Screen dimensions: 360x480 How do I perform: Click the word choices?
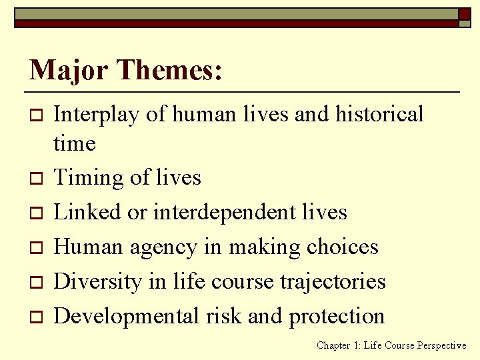(x=342, y=247)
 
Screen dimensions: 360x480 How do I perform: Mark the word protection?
(x=337, y=316)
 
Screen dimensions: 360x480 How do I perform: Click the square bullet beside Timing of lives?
(x=35, y=179)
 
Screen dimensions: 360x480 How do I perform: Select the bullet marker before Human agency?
(x=35, y=248)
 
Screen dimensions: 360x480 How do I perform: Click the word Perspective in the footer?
(x=441, y=345)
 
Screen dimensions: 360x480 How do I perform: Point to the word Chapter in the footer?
(x=334, y=345)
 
